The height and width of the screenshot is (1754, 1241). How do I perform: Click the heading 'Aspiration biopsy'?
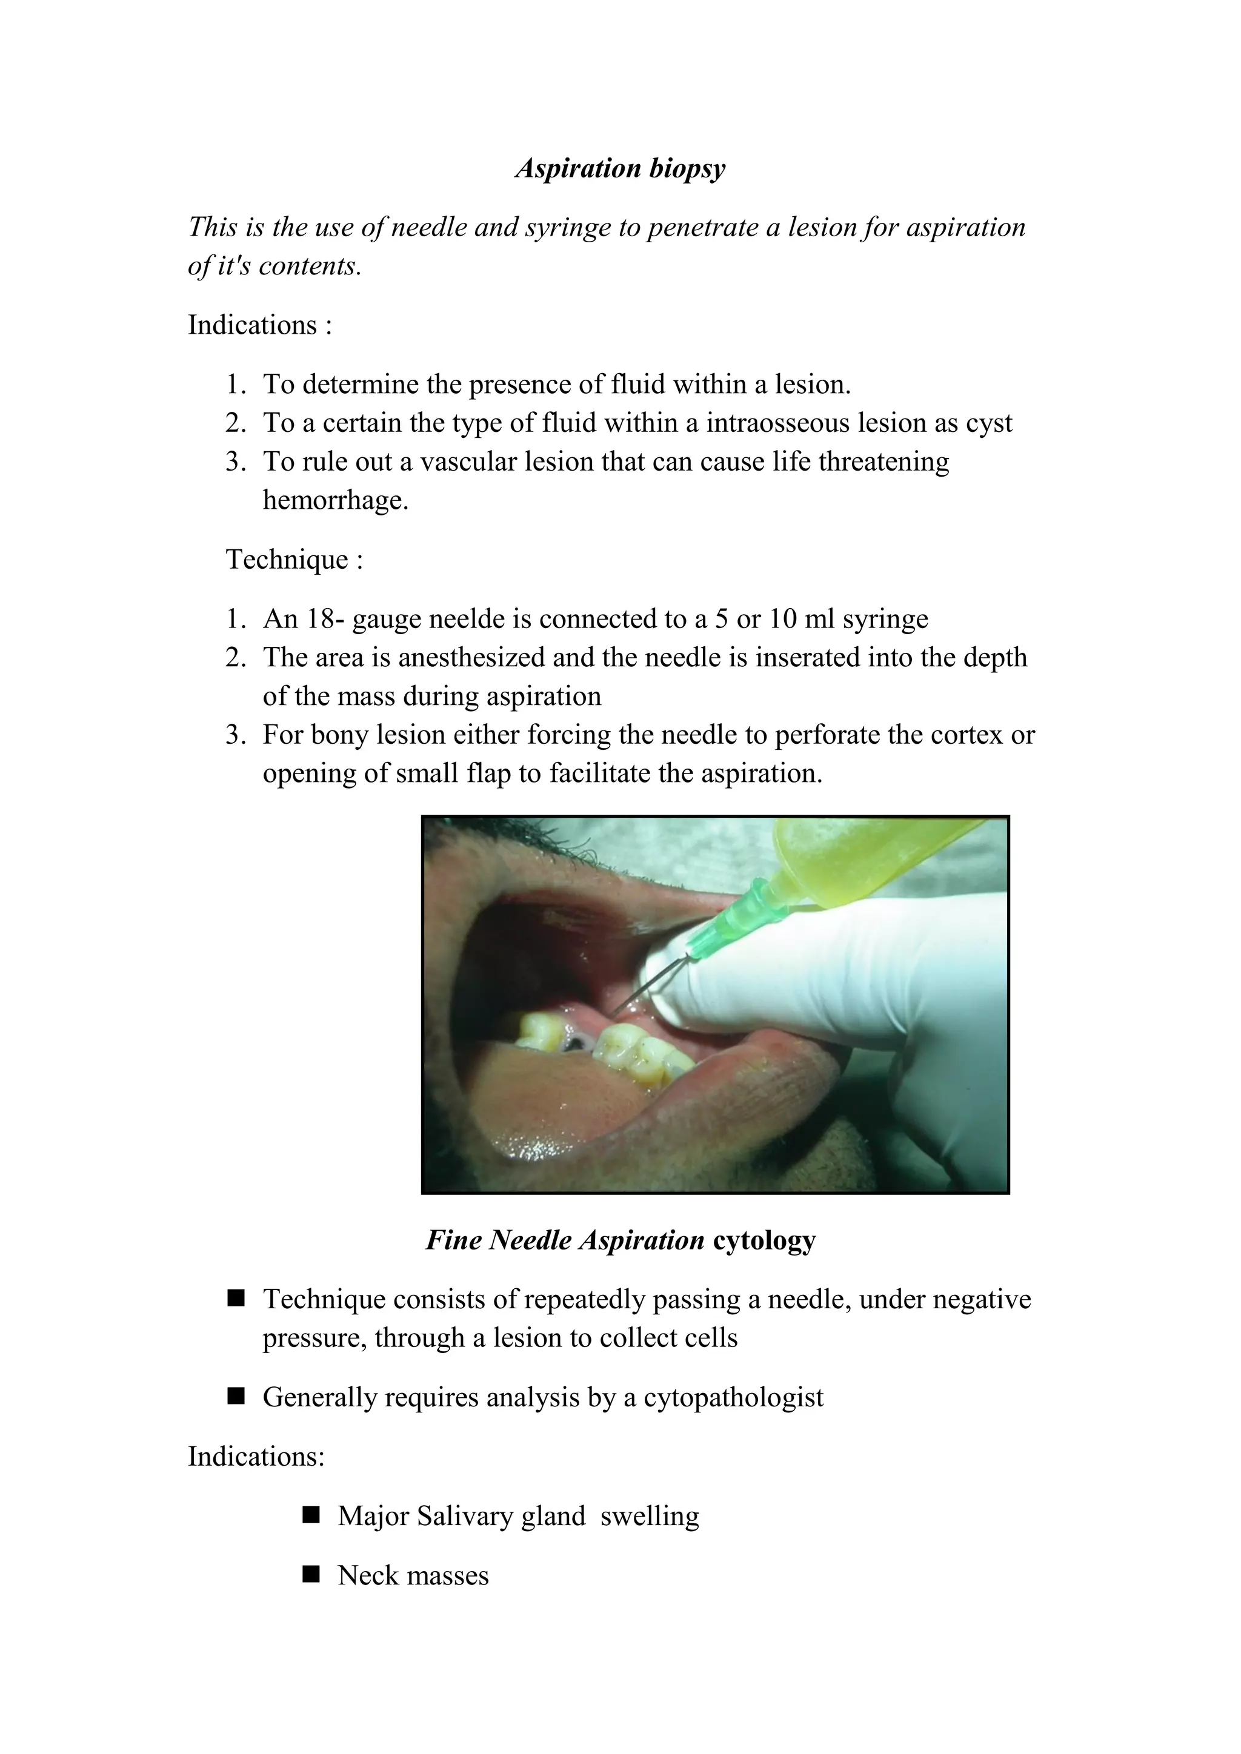click(620, 168)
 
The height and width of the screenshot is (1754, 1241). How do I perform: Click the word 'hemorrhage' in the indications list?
click(334, 501)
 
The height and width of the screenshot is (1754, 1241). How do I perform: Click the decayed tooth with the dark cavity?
click(571, 1041)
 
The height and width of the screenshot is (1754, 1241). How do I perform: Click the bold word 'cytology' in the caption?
click(764, 1240)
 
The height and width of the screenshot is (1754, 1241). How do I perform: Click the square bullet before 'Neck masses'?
click(310, 1575)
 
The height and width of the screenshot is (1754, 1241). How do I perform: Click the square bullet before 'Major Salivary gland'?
click(310, 1515)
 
